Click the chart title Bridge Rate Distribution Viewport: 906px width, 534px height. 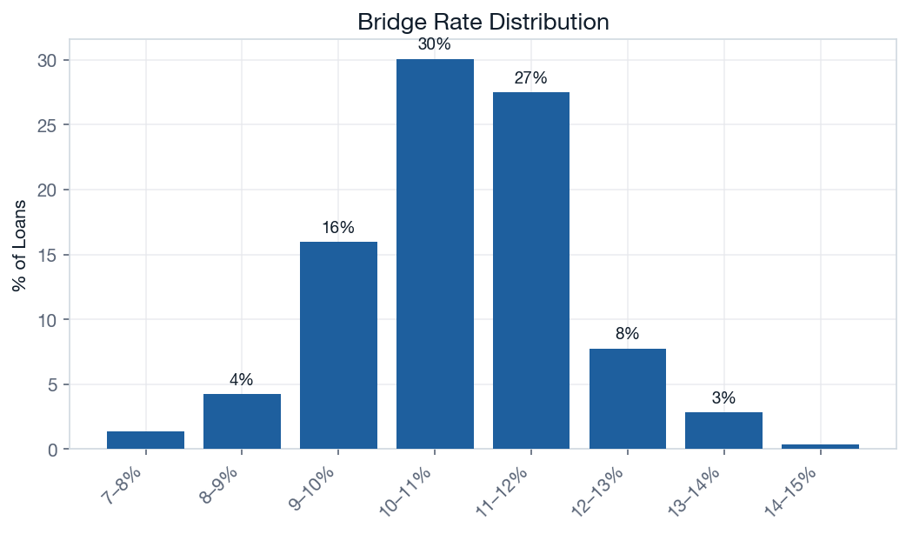click(483, 22)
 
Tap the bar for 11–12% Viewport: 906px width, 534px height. click(530, 270)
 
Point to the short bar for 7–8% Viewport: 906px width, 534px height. click(146, 440)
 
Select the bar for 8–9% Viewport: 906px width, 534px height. click(242, 422)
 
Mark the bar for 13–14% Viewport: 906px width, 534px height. click(723, 431)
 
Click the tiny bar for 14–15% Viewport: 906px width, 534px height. click(820, 446)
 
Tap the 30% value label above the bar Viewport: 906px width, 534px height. click(434, 44)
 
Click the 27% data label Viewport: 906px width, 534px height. click(530, 78)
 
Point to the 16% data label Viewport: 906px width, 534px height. click(338, 228)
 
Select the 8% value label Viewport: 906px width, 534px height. click(627, 334)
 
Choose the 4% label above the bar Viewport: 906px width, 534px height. click(242, 380)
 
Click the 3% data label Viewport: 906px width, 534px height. click(723, 398)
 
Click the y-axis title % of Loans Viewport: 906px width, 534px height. click(19, 246)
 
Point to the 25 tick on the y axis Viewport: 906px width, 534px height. click(48, 125)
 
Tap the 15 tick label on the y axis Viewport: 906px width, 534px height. click(48, 255)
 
